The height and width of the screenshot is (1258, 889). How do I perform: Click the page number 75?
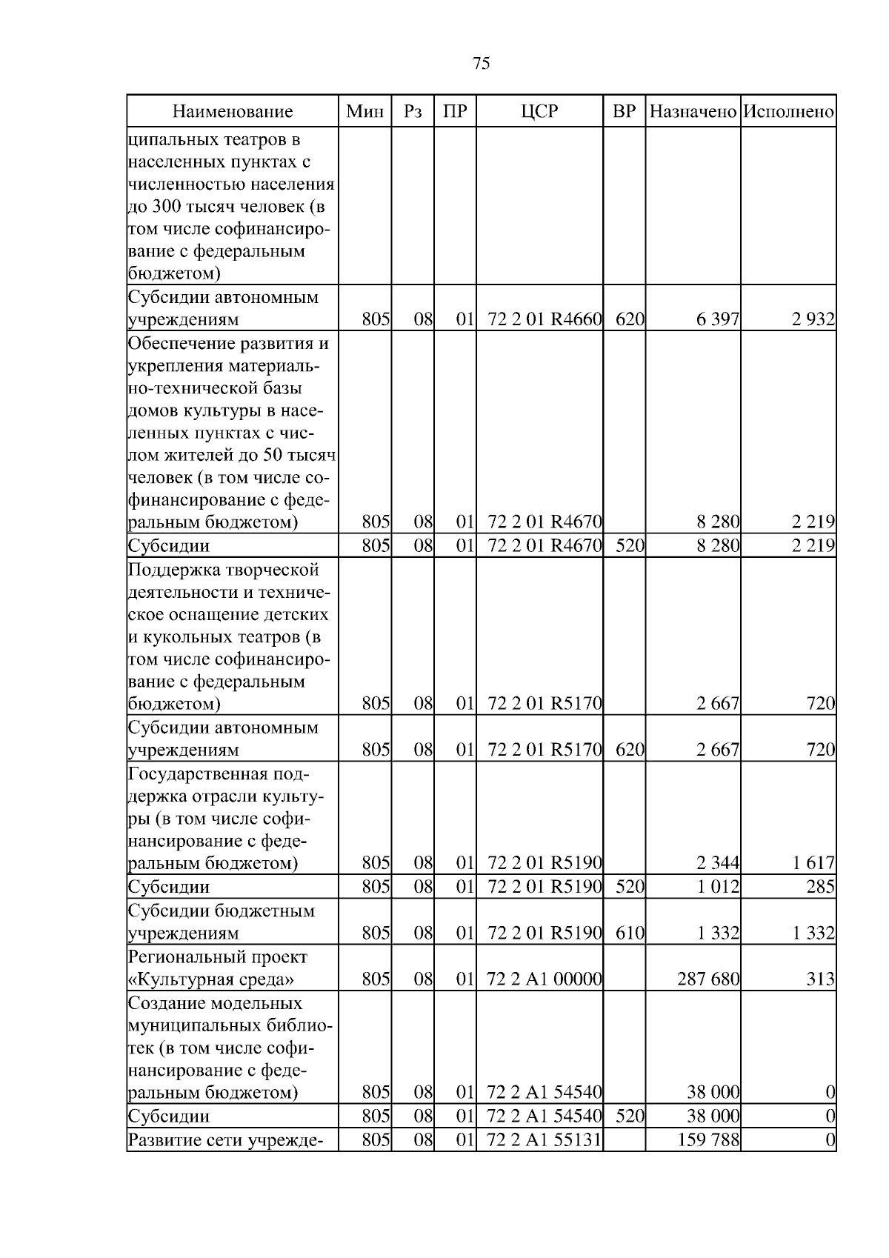tap(481, 64)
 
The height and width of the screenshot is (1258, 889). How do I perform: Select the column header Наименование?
tap(233, 112)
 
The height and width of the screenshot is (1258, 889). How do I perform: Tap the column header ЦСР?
tap(539, 112)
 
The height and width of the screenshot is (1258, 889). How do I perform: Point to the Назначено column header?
tap(693, 112)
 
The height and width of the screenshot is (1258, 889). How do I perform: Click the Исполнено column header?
tap(788, 112)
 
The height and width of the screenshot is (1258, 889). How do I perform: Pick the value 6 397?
tap(717, 320)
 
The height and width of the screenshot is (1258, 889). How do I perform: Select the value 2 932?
tap(813, 320)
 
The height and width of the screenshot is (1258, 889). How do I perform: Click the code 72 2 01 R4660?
tap(545, 320)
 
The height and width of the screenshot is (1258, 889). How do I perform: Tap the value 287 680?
tap(708, 979)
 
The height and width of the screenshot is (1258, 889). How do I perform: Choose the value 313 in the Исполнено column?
tap(822, 979)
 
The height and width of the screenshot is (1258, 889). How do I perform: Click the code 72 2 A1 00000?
tap(545, 979)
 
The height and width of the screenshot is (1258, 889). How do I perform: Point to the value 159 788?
tap(708, 1139)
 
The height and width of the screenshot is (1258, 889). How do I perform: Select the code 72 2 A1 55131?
tap(545, 1139)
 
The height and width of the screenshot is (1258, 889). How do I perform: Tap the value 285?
tap(821, 887)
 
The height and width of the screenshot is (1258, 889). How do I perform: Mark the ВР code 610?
tap(630, 933)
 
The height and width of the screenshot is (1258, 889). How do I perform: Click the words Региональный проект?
tap(218, 957)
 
